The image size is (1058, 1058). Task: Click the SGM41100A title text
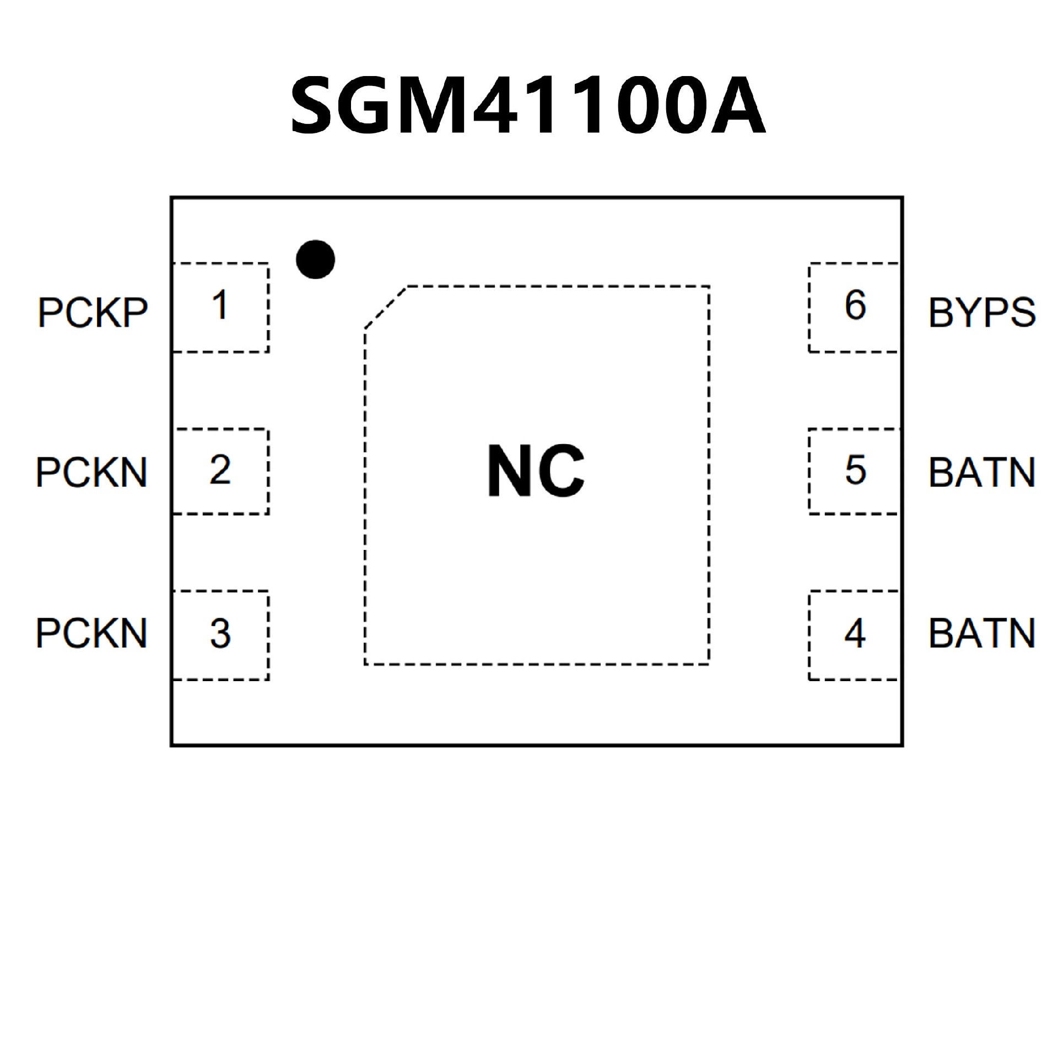tap(527, 106)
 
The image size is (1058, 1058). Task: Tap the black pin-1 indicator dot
tap(315, 259)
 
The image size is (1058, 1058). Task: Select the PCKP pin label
tap(93, 313)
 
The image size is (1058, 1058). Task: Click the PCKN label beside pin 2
tap(91, 472)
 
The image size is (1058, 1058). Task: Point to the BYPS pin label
tap(982, 313)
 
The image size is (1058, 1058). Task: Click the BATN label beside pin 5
tap(982, 472)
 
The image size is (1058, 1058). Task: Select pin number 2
tap(220, 470)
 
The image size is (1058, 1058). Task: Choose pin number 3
tap(220, 633)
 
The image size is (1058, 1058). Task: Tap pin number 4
tap(855, 633)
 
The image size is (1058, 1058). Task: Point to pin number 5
tap(855, 470)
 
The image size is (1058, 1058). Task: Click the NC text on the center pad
tap(536, 471)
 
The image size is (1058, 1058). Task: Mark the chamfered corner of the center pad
tap(385, 307)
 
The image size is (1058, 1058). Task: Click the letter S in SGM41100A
tap(315, 106)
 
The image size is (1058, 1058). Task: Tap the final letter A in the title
tap(737, 106)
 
